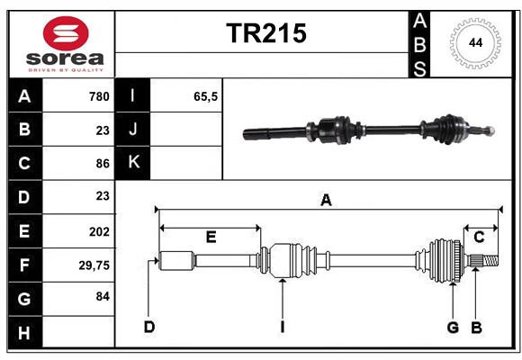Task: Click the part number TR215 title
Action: tap(265, 33)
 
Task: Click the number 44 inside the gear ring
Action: tap(472, 42)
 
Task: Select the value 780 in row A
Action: tap(99, 96)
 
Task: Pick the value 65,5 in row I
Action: tap(206, 96)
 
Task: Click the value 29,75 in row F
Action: tap(94, 265)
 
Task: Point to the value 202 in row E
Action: tap(99, 231)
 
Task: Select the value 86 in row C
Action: tap(102, 164)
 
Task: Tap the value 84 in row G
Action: tap(102, 296)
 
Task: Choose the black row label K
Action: tap(132, 163)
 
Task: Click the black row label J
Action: tap(132, 130)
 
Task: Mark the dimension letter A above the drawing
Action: tap(326, 201)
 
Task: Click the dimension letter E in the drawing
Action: tap(211, 237)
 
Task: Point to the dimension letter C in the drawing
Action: tap(479, 237)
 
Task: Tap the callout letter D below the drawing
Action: tap(148, 327)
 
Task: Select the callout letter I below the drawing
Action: tap(282, 327)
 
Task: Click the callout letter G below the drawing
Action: tap(453, 327)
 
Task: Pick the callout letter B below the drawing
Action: tap(477, 327)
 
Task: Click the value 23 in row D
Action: tap(102, 196)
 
